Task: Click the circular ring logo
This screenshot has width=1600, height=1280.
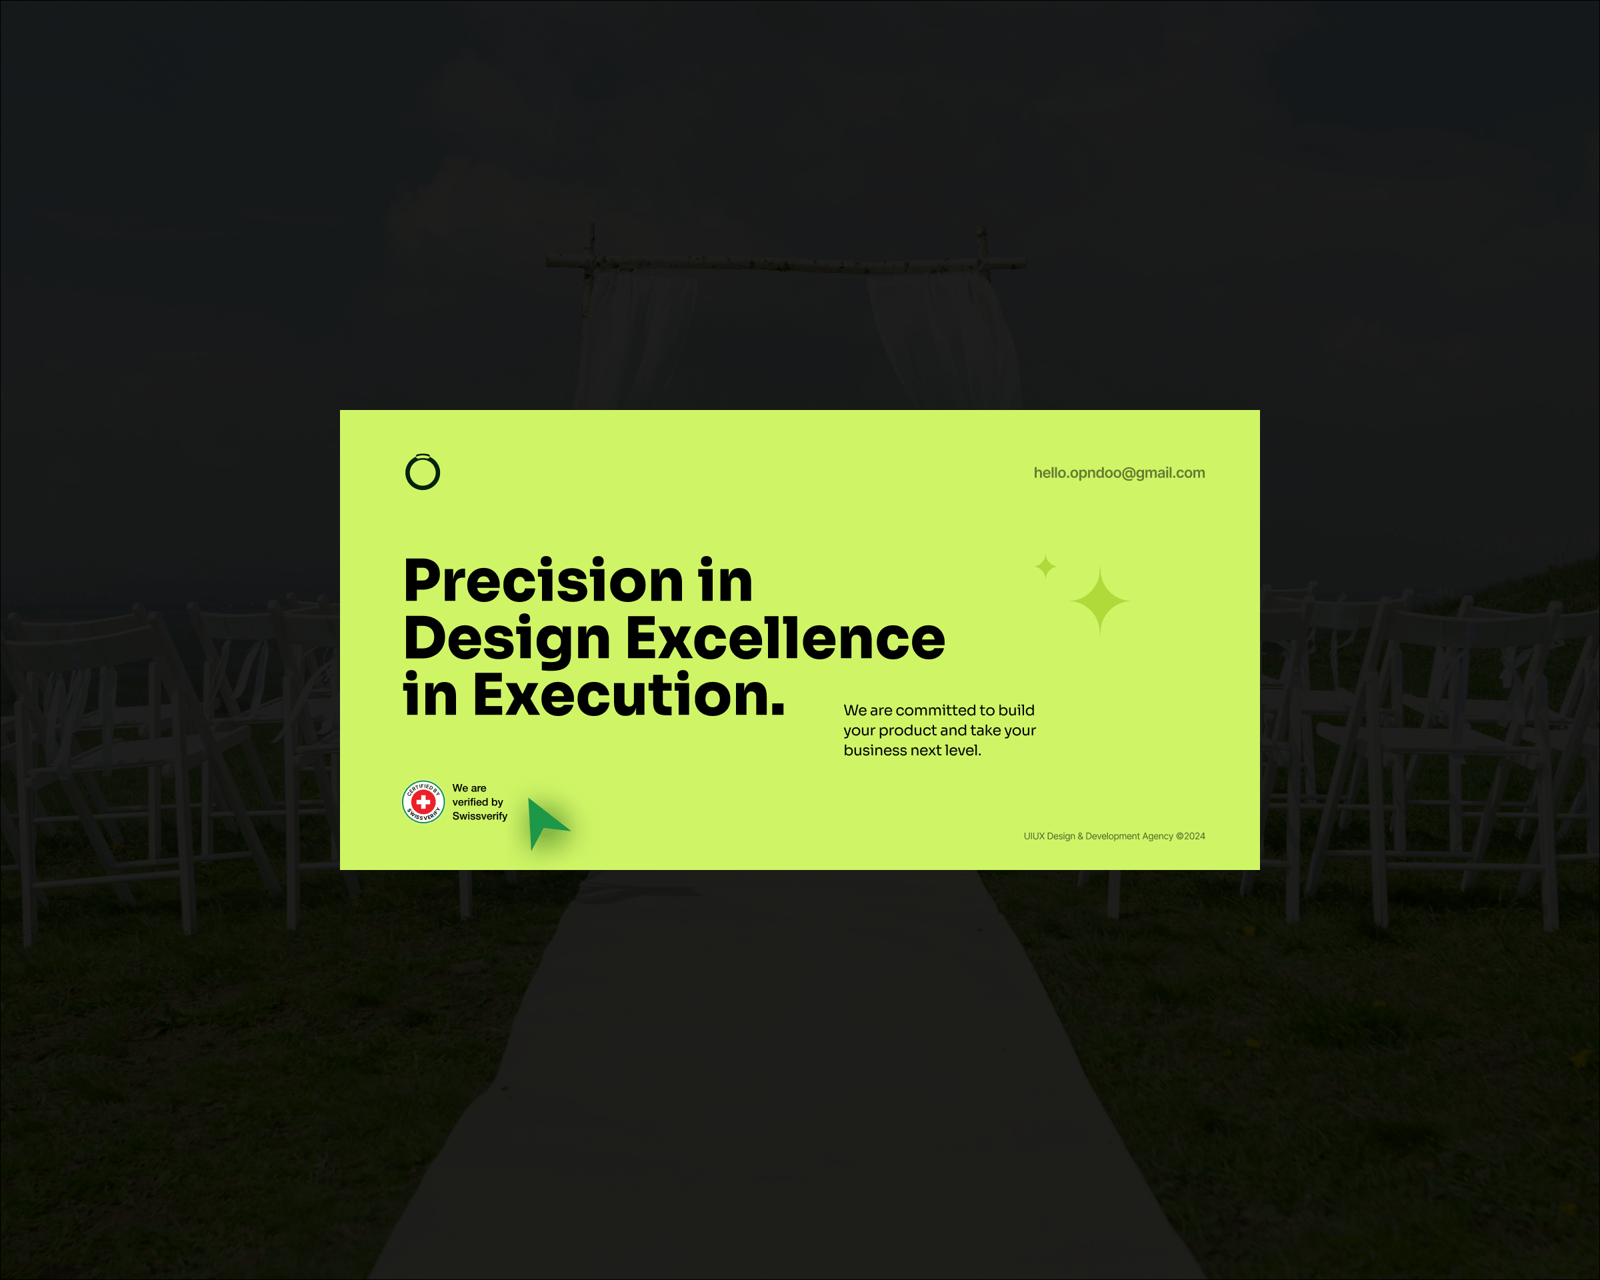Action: coord(407,473)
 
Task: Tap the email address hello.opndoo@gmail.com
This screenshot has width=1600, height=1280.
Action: coord(1119,473)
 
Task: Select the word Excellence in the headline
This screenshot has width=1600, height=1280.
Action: coord(785,638)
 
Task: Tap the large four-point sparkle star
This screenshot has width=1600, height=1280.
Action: coord(1100,601)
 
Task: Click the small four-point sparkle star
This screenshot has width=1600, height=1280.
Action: coord(1045,567)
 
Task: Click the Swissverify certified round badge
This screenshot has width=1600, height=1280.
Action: coord(423,802)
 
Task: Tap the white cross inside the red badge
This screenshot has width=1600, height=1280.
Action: coord(423,802)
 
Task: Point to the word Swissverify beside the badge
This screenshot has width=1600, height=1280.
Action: coord(479,816)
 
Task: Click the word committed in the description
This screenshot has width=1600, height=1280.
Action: coord(936,710)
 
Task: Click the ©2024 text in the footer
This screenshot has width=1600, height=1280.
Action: coord(1191,836)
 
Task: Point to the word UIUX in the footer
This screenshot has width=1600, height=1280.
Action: coord(1034,836)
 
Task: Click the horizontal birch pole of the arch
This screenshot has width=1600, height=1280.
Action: coord(787,263)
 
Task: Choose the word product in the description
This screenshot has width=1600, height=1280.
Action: coord(907,731)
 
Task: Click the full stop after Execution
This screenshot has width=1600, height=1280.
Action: coord(778,711)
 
